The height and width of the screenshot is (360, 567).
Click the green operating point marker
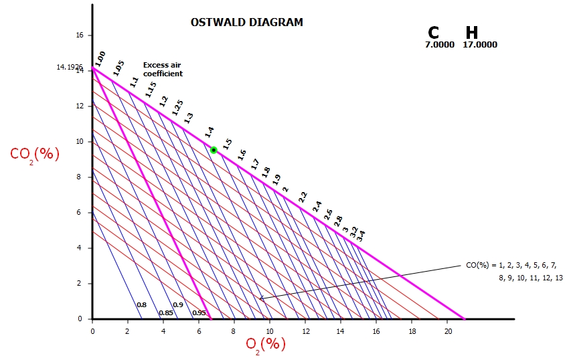[x=214, y=150]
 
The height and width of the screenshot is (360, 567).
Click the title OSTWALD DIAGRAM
[x=247, y=22]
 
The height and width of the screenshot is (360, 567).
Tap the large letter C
[x=434, y=33]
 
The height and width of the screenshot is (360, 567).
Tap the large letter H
[x=472, y=33]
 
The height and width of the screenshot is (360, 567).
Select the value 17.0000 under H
[x=480, y=46]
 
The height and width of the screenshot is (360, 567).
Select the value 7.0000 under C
[x=440, y=46]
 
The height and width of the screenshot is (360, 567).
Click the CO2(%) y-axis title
[x=35, y=154]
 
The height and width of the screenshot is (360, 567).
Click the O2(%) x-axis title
[x=266, y=344]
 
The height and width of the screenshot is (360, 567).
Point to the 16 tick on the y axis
[x=79, y=35]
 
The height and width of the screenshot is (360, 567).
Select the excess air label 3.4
[x=361, y=236]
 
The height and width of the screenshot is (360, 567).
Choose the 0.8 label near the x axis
[x=141, y=305]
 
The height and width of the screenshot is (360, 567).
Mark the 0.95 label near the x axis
[x=199, y=312]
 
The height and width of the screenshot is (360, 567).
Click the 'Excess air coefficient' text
[x=163, y=70]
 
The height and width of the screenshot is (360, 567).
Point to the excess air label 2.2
[x=303, y=197]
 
